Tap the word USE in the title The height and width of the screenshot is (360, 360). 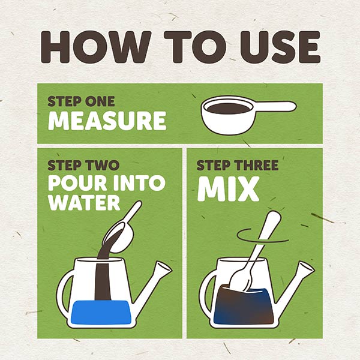click(280, 47)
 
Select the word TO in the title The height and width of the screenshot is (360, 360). click(195, 47)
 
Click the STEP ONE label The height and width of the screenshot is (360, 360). click(81, 101)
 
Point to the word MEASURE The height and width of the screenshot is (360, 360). click(107, 121)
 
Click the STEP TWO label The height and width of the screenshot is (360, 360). click(83, 165)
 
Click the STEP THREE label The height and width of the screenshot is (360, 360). click(238, 165)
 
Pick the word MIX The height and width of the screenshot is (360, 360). click(228, 190)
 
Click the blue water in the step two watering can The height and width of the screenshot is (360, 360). click(101, 312)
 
